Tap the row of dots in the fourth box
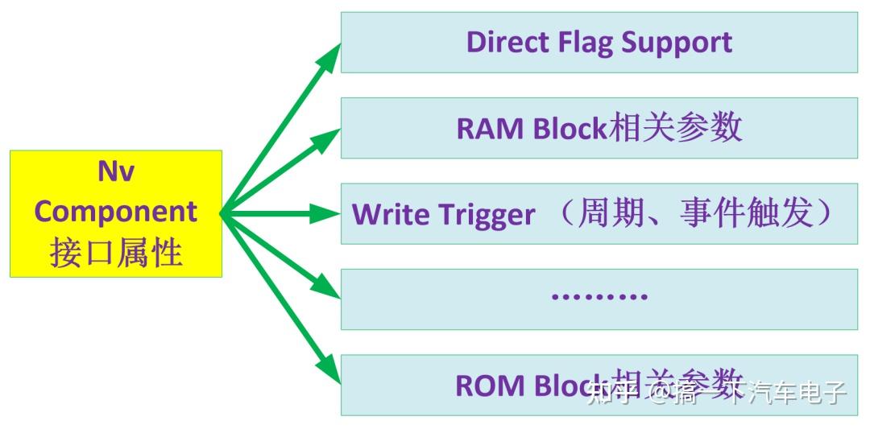[599, 296]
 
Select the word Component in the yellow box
[116, 211]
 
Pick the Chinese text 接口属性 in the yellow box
[116, 253]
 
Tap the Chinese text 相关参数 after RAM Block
[675, 128]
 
